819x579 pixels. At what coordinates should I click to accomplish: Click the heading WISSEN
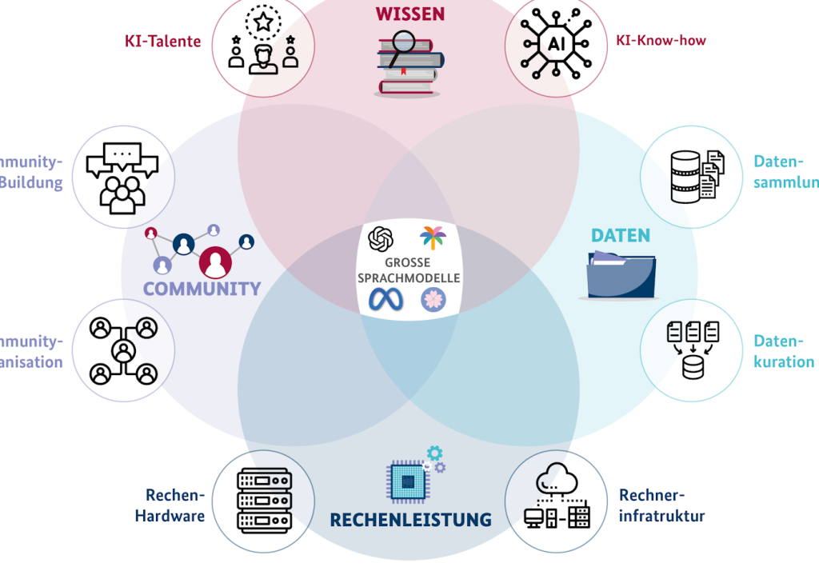(x=409, y=14)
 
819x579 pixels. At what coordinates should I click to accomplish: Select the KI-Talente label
(x=162, y=42)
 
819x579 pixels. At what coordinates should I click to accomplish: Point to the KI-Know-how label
(x=661, y=40)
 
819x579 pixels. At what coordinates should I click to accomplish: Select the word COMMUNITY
(x=202, y=289)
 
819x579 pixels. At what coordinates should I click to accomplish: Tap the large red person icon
(x=214, y=262)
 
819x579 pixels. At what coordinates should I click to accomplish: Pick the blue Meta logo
(x=383, y=299)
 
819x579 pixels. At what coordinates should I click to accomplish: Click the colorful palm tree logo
(x=433, y=238)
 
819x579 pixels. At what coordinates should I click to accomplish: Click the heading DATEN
(x=620, y=236)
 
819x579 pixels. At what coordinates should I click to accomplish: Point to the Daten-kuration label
(x=783, y=352)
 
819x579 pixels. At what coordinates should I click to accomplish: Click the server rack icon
(x=262, y=501)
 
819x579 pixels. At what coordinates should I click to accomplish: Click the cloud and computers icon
(x=556, y=500)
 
